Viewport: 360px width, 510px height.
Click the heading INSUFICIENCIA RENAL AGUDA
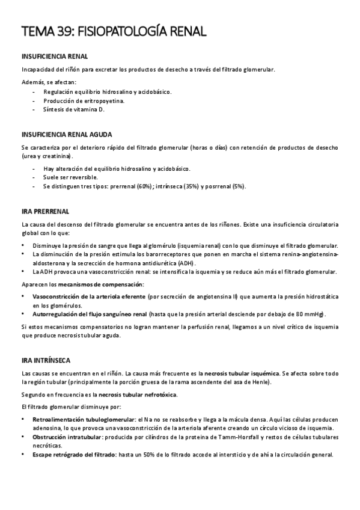point(66,134)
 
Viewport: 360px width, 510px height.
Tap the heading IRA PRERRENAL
point(45,211)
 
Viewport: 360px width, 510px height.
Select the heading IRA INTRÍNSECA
point(45,360)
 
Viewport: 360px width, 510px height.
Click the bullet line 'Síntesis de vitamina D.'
point(73,110)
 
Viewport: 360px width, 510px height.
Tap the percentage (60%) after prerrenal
point(145,186)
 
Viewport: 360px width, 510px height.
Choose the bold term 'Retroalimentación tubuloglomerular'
point(83,419)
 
